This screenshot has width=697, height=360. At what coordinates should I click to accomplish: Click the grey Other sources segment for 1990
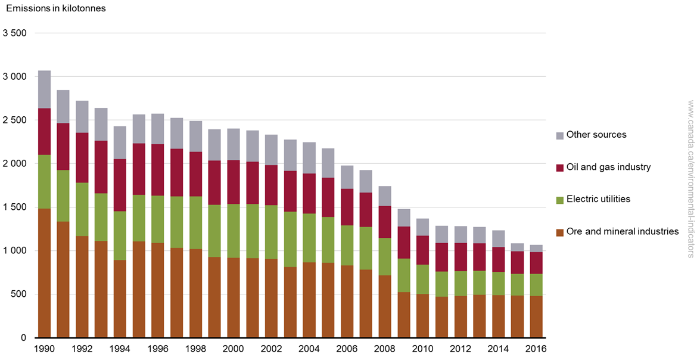coord(45,89)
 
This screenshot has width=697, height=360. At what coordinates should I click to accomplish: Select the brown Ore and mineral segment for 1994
coord(120,299)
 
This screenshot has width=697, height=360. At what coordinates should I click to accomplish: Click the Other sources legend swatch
coord(559,135)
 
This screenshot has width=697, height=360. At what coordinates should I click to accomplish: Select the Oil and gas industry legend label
coord(608,167)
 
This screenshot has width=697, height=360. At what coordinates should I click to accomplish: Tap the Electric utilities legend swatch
coord(559,200)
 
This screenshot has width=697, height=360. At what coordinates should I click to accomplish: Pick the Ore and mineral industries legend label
coord(623,231)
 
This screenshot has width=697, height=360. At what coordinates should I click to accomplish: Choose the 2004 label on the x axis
coord(309,349)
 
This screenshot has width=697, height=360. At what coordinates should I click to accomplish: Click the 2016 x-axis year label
coord(536,349)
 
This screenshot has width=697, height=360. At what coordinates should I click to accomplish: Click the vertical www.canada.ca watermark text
coord(690,179)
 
